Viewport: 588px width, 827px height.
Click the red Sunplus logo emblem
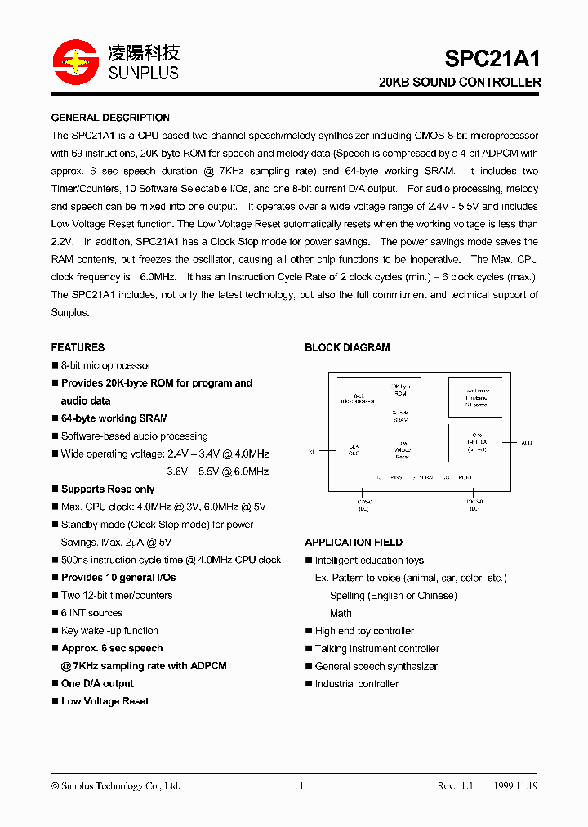click(75, 62)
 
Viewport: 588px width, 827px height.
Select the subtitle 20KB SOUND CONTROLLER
click(460, 83)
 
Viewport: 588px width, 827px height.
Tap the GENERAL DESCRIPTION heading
click(110, 118)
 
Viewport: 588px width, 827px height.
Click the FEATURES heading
click(78, 347)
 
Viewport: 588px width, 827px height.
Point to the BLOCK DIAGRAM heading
click(347, 347)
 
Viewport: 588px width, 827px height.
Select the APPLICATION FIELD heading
click(354, 543)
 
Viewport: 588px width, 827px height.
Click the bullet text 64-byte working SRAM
click(114, 418)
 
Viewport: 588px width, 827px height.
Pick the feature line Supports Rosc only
click(108, 489)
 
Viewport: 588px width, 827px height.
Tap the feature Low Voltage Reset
click(105, 701)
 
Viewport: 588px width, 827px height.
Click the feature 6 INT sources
click(91, 613)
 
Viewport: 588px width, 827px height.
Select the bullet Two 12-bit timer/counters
click(117, 596)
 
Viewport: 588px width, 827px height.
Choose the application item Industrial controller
click(357, 684)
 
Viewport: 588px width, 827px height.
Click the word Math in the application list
click(341, 613)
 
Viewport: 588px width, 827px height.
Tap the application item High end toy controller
click(364, 631)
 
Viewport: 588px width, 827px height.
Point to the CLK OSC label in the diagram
click(354, 449)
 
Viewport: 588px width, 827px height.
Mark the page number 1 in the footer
click(301, 786)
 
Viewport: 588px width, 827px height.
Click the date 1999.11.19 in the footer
click(515, 786)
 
